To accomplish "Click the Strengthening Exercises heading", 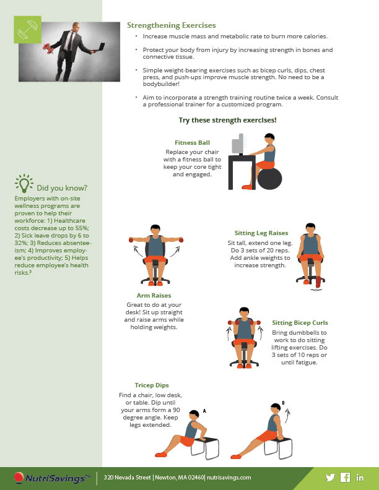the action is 172,25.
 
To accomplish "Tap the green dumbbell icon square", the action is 27,30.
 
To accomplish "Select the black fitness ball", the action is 269,178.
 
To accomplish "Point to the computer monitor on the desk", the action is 238,144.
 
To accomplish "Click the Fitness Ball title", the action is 193,143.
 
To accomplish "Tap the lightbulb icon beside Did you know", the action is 24,183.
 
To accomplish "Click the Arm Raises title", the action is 154,295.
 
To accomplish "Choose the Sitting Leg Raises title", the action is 261,233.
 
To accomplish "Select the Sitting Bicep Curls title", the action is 300,323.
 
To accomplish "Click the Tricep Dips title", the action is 152,385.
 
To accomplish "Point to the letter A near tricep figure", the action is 204,411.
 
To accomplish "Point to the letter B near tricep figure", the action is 283,403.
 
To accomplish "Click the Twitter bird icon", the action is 330,477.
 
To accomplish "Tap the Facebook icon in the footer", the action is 345,477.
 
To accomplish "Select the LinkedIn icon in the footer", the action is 360,477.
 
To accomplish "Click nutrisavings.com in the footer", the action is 229,478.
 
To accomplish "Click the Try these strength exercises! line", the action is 228,120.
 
